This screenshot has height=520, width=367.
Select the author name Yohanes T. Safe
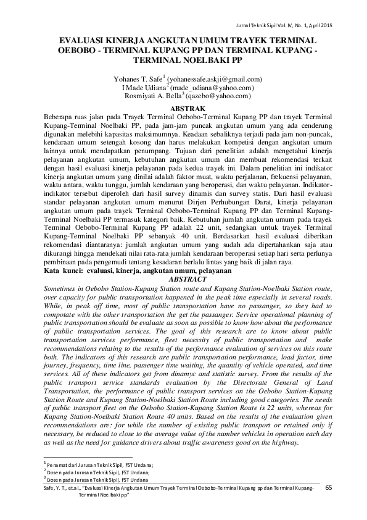[136, 80]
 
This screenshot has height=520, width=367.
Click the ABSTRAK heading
[183, 109]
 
